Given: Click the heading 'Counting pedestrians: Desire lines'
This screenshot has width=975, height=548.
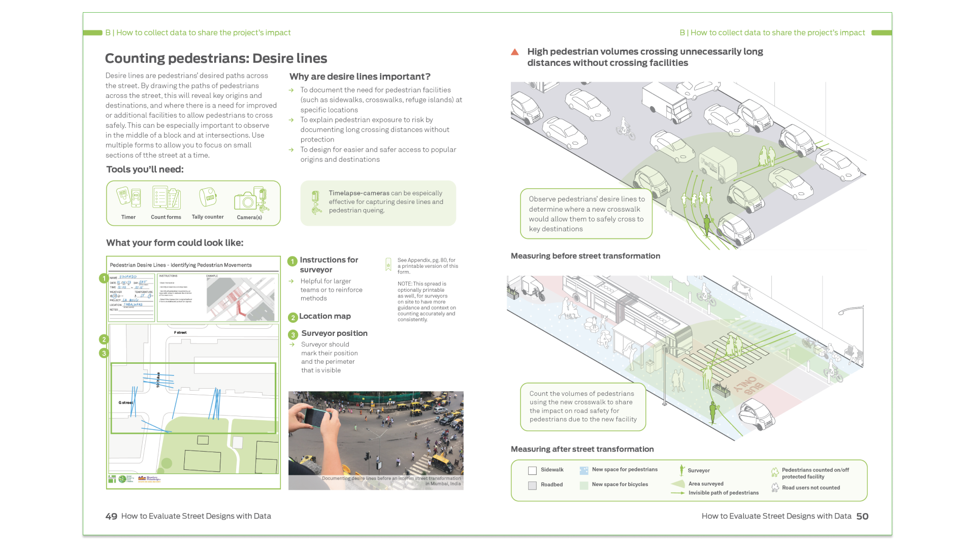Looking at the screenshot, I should click(216, 58).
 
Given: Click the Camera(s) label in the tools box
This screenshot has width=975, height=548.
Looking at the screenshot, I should click(249, 217).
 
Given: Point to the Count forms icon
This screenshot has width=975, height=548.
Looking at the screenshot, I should click(166, 198).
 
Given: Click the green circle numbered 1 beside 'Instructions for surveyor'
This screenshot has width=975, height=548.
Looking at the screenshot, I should click(292, 261).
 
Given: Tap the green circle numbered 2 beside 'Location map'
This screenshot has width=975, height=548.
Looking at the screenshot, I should click(292, 318).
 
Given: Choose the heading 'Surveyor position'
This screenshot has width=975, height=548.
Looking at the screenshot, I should click(334, 333).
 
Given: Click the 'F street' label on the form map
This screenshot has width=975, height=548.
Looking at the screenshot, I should click(180, 333).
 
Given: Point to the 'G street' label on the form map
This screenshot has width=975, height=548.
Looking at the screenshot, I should click(125, 403).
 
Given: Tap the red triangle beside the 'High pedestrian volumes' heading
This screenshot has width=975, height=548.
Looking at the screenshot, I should click(515, 52).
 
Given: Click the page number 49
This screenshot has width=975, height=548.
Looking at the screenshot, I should click(111, 517).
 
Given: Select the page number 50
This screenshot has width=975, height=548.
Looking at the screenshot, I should click(862, 517).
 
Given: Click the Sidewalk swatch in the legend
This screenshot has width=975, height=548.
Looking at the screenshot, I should click(532, 471).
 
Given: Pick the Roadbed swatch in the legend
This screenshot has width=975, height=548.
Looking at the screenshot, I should click(532, 486).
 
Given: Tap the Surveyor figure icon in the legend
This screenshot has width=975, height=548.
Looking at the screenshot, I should click(681, 470).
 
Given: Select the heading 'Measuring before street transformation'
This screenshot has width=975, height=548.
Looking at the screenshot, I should click(586, 256).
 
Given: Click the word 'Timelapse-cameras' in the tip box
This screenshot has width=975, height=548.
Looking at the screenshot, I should click(359, 193).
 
